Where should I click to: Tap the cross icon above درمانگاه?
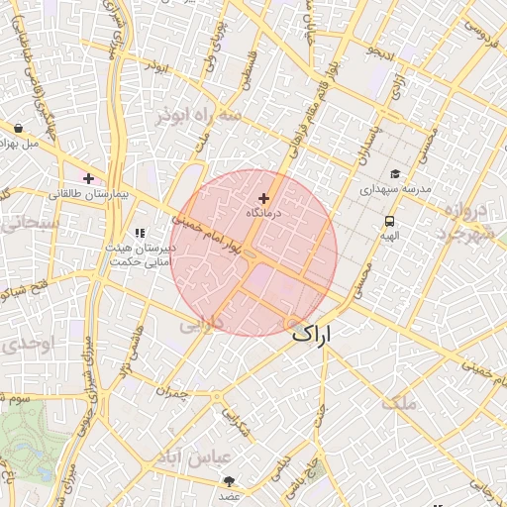264,198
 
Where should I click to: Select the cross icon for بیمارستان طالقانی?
89,179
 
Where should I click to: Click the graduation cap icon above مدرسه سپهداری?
395,174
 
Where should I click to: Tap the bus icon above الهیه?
389,222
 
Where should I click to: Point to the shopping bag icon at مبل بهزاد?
20,128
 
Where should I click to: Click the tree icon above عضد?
230,480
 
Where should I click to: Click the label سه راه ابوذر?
198,117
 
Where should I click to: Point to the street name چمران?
171,393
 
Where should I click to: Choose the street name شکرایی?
234,424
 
